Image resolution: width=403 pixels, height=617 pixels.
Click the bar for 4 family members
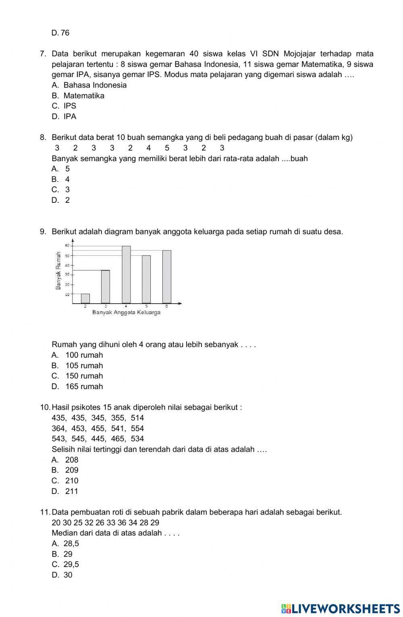tap(126, 274)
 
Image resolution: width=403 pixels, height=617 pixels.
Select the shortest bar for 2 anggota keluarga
tap(85, 298)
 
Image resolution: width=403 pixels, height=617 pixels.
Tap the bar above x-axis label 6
tap(167, 277)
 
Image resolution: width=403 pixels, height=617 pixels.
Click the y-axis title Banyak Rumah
tap(58, 271)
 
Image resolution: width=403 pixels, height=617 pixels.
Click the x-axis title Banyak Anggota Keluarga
tap(126, 313)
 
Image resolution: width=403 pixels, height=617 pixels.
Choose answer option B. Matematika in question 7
tap(78, 96)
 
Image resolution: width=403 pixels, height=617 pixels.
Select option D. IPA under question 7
tap(64, 117)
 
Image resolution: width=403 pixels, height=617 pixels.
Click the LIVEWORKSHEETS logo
tap(340, 608)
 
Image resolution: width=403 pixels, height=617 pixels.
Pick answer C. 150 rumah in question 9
tap(77, 376)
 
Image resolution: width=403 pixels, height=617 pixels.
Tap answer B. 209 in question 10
tap(65, 470)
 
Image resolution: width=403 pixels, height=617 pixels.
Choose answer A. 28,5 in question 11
tap(66, 544)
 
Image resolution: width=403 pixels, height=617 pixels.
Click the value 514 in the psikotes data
tap(137, 418)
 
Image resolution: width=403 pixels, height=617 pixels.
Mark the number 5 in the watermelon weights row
tap(167, 148)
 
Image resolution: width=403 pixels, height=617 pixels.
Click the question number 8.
tap(43, 138)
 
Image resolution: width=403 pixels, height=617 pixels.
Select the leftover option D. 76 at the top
tap(60, 33)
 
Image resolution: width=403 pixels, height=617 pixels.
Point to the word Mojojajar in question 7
tap(300, 54)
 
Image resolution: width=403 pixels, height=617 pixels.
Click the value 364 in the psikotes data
tap(59, 428)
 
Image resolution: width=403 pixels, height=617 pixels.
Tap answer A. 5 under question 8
tap(61, 169)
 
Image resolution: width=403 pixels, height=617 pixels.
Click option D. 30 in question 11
tap(62, 575)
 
